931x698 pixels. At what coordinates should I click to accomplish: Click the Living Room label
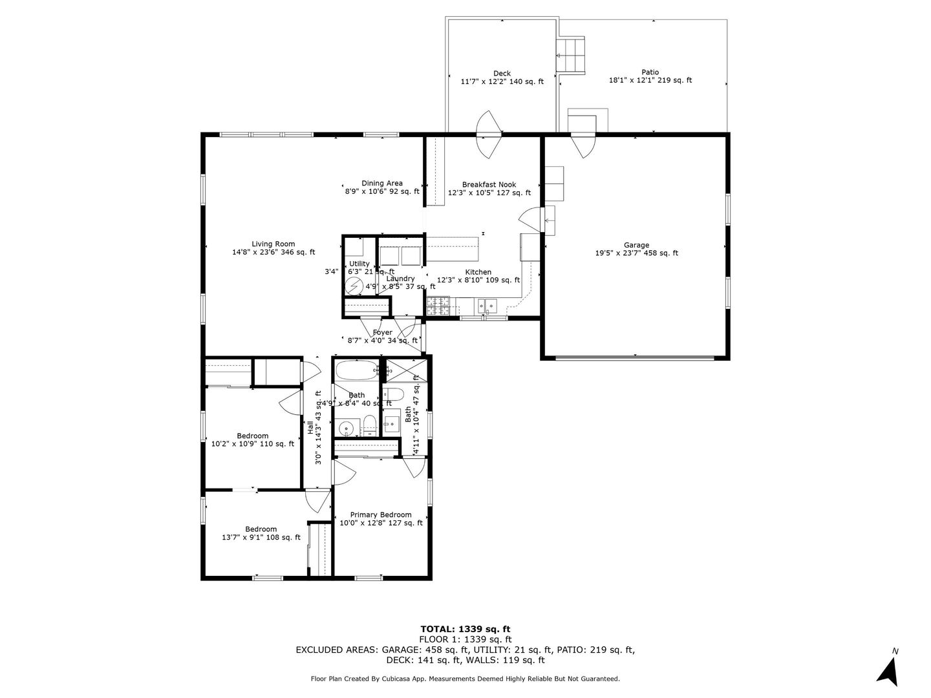click(x=273, y=244)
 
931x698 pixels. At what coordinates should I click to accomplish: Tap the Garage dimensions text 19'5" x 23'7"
click(x=619, y=254)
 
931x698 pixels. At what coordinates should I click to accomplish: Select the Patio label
click(x=650, y=72)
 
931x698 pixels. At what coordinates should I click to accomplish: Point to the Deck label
click(x=502, y=73)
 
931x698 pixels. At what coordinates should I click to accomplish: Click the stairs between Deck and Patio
click(x=572, y=56)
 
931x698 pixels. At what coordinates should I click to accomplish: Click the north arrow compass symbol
click(x=890, y=671)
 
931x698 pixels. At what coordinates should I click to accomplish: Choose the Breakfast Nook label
click(x=489, y=185)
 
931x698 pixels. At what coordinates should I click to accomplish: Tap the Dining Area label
click(x=381, y=184)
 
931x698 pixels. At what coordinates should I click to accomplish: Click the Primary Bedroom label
click(x=381, y=515)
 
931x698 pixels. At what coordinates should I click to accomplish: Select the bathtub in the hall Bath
click(x=355, y=371)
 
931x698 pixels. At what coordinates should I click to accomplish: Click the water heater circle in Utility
click(x=355, y=286)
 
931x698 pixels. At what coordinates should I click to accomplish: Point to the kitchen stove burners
click(x=438, y=306)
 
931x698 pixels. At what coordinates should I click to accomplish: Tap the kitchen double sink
click(x=487, y=304)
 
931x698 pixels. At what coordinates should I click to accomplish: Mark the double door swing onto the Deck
click(x=489, y=134)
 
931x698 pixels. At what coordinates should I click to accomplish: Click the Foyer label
click(x=382, y=332)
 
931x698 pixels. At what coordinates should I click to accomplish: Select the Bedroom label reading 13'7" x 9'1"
click(x=261, y=529)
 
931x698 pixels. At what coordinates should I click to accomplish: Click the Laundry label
click(x=400, y=279)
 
